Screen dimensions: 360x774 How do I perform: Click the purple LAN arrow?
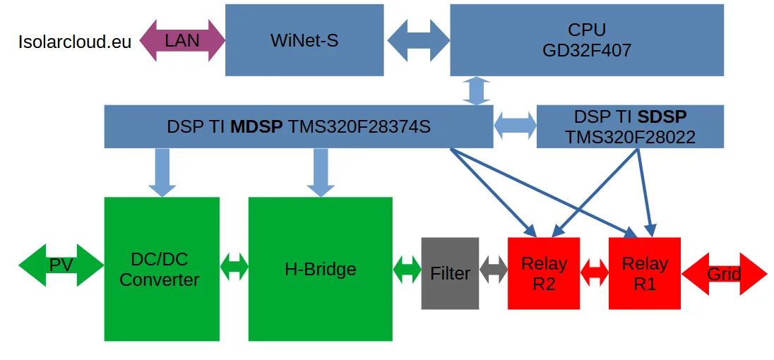(x=182, y=40)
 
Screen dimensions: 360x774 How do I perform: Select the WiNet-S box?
(x=304, y=40)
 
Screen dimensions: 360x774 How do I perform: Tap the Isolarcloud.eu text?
(x=75, y=42)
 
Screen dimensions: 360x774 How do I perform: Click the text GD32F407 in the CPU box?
(x=587, y=51)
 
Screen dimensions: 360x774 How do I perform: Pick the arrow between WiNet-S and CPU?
(x=419, y=40)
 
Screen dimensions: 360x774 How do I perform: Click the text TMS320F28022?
(x=630, y=137)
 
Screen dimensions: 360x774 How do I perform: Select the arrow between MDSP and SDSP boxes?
(x=515, y=126)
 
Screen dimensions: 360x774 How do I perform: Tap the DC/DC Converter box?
(x=162, y=269)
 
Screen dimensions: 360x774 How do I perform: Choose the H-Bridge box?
(x=320, y=269)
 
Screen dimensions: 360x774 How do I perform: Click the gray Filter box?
(x=450, y=273)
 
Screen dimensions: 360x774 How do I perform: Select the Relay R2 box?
(x=544, y=273)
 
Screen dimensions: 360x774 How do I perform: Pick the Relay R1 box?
(x=644, y=273)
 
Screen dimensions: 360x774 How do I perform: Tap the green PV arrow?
(x=61, y=265)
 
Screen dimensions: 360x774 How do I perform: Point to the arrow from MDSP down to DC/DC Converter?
(x=162, y=172)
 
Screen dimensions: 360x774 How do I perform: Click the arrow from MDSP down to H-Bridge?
(x=321, y=172)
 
